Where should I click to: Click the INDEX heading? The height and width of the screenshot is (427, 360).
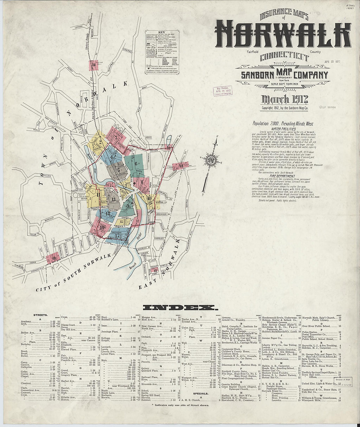coord(180,308)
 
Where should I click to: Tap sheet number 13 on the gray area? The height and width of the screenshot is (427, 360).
coord(113,199)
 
